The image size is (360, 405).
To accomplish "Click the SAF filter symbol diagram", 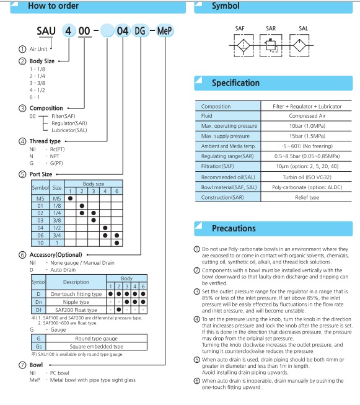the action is pos(244,45).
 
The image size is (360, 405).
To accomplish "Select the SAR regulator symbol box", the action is pos(271,45).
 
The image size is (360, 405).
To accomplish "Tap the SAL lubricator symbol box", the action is pos(299,45).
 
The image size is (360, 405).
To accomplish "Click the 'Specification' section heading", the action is pos(235,83).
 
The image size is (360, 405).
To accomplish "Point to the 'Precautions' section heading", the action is pos(234,228).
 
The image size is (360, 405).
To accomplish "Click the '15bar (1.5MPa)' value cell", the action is pos(307,136).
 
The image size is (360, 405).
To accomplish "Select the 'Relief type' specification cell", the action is pos(307,197).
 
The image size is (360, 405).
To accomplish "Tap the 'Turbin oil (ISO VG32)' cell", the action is pos(307,177).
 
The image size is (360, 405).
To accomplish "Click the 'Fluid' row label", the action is pos(207,116).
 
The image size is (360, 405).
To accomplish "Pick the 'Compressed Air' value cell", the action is pos(307,116).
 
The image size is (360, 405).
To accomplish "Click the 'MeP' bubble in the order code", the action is pos(165,31).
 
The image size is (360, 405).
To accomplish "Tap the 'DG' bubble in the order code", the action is pos(140,31).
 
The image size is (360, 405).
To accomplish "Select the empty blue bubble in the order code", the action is pos(107,31).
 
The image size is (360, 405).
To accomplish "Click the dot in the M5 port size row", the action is pos(70,198).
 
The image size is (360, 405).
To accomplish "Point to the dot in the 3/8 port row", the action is pos(94,220).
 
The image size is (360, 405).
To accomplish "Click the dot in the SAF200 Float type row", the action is pos(119,309).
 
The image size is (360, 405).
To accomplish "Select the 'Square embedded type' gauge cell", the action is pos(96,346).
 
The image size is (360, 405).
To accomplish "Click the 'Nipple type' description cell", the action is pos(76,302).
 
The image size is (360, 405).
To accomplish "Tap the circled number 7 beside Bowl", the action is pos(22,365).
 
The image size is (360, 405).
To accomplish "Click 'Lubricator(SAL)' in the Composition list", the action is pos(69,130).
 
